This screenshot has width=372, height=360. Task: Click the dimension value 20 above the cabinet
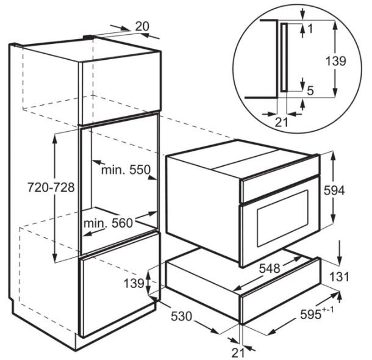pos(142,26)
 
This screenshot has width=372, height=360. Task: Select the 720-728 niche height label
pos(51,187)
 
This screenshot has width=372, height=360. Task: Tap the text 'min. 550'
pos(126,170)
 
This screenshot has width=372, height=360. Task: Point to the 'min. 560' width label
pos(108,223)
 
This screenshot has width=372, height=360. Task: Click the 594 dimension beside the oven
pos(334,190)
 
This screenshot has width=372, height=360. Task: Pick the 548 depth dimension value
pos(270,268)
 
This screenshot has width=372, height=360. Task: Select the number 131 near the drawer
pos(339,276)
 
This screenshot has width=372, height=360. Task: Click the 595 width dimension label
pos(317,314)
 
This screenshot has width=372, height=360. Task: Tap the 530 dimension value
pos(181,316)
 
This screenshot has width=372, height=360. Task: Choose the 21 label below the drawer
pos(238,353)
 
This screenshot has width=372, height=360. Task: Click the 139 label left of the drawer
pos(134,283)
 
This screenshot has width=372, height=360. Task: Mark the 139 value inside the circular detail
pos(335,61)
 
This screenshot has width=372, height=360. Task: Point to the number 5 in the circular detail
pos(310,90)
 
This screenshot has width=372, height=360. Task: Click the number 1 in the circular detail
pos(310,29)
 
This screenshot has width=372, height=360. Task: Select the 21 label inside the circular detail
pos(281,123)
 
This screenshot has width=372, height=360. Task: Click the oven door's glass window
pos(283,219)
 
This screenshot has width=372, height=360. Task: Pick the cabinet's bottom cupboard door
pos(120,285)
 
